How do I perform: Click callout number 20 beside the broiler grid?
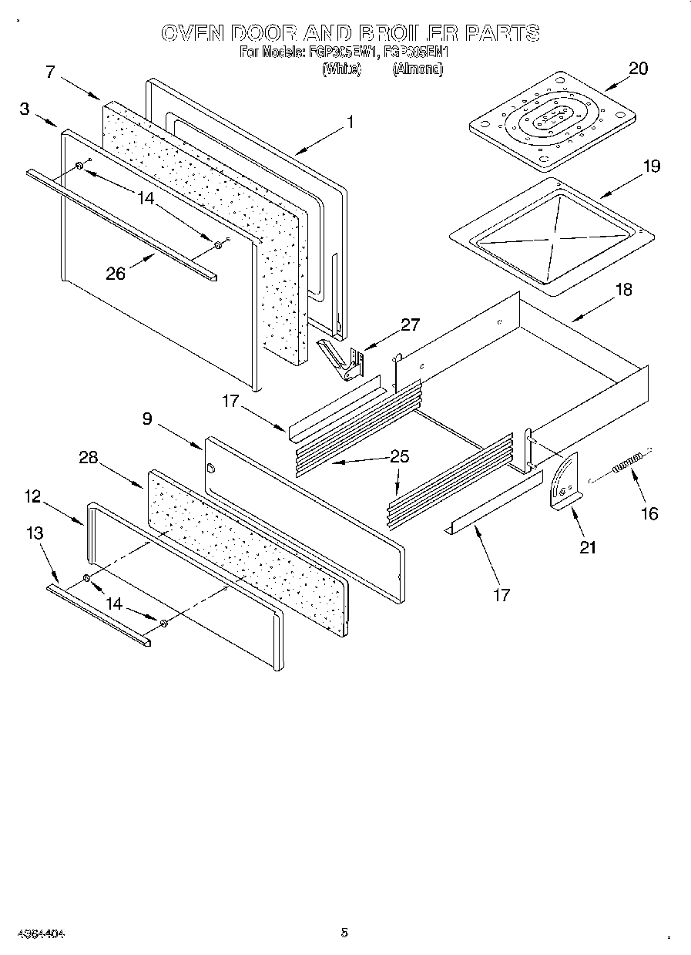coord(638,69)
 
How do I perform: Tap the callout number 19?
coord(651,166)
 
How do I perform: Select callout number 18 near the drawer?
coord(623,290)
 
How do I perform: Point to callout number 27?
coord(410,324)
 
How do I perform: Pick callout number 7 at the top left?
coord(50,72)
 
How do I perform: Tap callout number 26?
coord(116,273)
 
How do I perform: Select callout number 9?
coord(147,419)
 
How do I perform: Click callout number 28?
coord(88,457)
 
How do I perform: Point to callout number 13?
coord(34,533)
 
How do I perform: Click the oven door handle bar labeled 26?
coord(123,224)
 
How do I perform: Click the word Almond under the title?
coord(418,69)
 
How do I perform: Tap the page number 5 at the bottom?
coord(344,933)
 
